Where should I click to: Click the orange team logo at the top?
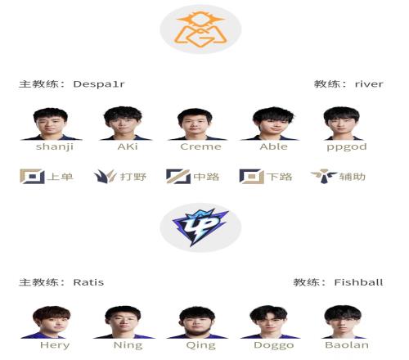(200, 29)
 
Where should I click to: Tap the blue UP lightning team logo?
(200, 227)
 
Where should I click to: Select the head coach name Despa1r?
(99, 84)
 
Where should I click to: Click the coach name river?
(369, 84)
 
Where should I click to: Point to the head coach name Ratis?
(88, 282)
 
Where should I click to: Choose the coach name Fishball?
(358, 282)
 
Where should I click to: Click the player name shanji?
(55, 146)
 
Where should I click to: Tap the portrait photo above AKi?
(125, 124)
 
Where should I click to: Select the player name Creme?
(200, 146)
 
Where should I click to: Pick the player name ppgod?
(347, 147)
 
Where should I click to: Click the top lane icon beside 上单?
(32, 177)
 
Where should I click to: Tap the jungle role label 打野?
(133, 177)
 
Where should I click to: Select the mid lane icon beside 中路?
(178, 177)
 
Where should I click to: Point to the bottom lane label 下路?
(279, 177)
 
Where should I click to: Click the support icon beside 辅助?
(324, 176)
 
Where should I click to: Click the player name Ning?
(128, 345)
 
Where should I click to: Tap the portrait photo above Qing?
(197, 322)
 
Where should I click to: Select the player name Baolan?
(347, 345)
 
